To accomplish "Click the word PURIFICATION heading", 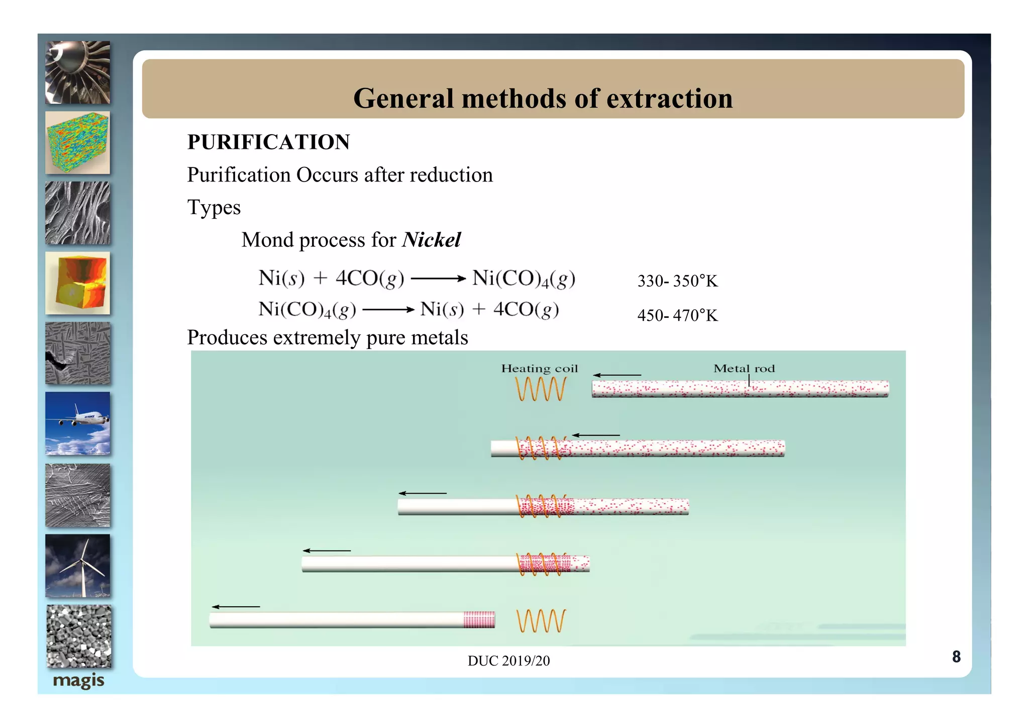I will pos(268,142).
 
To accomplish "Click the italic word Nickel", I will pos(431,240).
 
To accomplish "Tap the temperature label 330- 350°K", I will pos(677,281).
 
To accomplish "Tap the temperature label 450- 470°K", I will pos(677,316).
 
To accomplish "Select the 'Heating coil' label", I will pos(539,369).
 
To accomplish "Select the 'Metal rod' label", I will pos(744,369).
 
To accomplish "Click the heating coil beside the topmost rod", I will pos(541,389).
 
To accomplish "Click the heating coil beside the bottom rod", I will pos(541,621).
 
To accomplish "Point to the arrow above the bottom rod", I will pos(236,607).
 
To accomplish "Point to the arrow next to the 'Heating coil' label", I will pos(616,375).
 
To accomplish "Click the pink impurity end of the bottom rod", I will pos(479,620).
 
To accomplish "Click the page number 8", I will pos(956,657).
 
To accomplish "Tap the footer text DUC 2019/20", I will pos(508,661).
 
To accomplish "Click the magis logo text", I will pos(78,681).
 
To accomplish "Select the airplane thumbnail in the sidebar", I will pos(78,423).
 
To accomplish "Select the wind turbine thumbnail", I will pos(78,566).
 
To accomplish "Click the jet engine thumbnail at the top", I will pos(78,73).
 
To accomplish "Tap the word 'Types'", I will pos(214,208).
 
